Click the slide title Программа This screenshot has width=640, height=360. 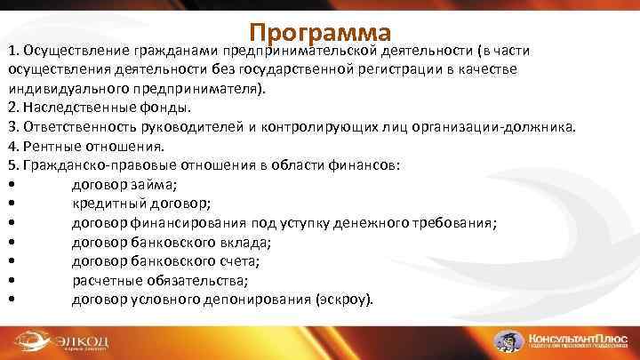[320, 32]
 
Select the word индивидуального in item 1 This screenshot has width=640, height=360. [62, 89]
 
